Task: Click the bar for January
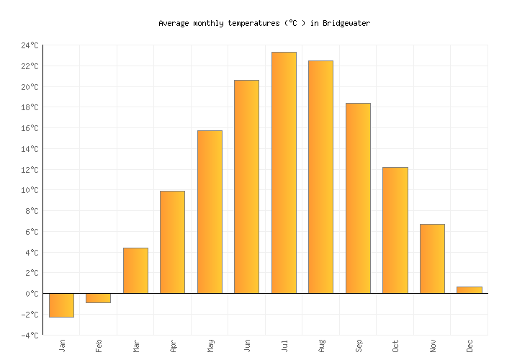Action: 61,305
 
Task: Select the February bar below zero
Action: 98,298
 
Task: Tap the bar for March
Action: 135,271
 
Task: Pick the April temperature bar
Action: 172,242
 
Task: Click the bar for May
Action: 210,212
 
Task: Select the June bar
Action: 246,186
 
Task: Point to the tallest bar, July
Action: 284,173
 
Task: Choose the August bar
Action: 320,177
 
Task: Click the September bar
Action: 358,198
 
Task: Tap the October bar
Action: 395,230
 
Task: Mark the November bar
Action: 432,258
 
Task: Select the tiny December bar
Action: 469,290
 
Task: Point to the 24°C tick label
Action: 30,45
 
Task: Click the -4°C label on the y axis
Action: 30,336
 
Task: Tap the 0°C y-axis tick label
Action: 32,294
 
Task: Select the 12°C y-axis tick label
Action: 30,170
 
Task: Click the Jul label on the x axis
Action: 284,346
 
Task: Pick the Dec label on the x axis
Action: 470,346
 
